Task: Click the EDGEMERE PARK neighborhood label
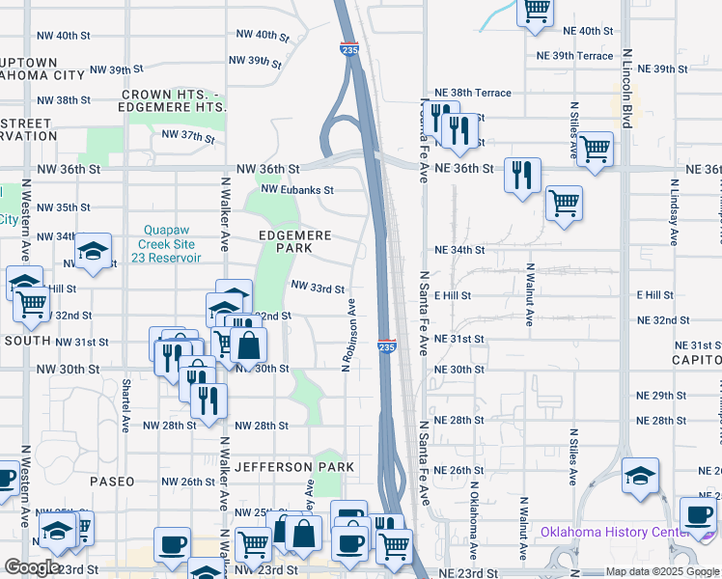click(294, 241)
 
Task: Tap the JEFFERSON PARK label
click(294, 467)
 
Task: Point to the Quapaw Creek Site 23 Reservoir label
click(169, 244)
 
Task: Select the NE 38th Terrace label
click(473, 93)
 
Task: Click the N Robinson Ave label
click(350, 333)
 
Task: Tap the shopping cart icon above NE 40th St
click(536, 11)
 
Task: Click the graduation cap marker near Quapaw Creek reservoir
click(93, 252)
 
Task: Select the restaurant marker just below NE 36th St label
click(522, 175)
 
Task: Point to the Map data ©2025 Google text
click(662, 571)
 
